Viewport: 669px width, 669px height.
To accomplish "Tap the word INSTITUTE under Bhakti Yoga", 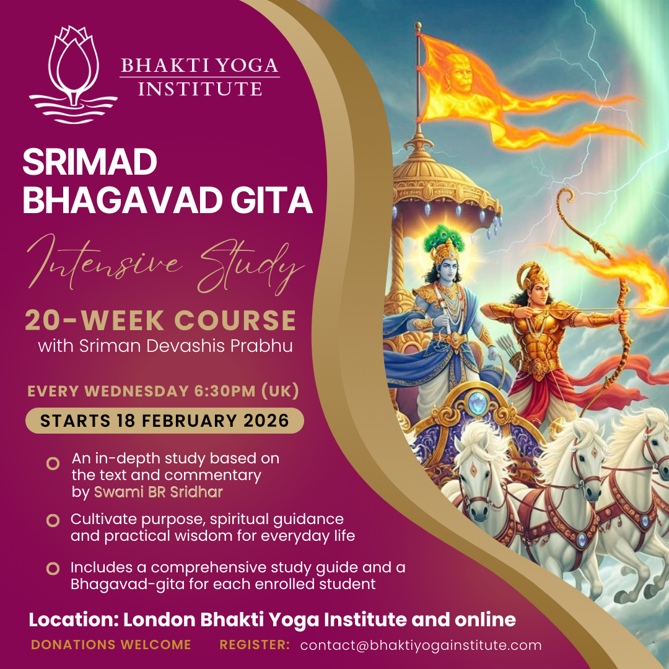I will pyautogui.click(x=199, y=89).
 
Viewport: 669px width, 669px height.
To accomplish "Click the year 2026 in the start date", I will pyautogui.click(x=265, y=421).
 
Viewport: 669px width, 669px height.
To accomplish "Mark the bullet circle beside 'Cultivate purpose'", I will pyautogui.click(x=53, y=520).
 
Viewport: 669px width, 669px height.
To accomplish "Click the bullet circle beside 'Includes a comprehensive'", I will pyautogui.click(x=53, y=569).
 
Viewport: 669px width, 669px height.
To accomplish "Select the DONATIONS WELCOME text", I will pyautogui.click(x=111, y=645).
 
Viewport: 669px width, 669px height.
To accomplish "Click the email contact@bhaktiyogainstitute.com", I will pyautogui.click(x=421, y=645).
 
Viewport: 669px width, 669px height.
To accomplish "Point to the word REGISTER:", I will pyautogui.click(x=255, y=645).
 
